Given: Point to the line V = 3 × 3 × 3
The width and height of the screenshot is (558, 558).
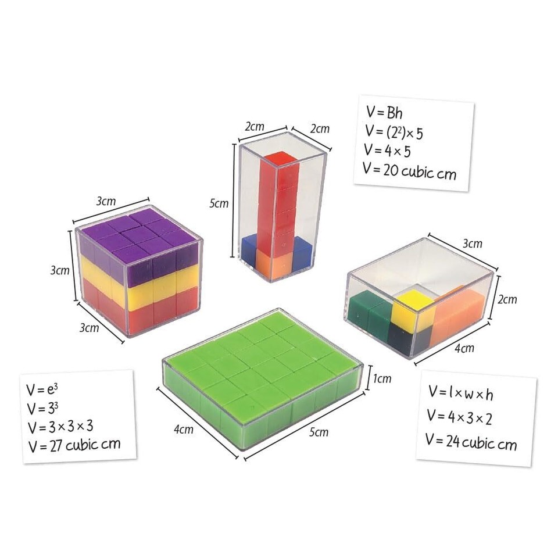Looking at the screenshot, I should tap(60, 427).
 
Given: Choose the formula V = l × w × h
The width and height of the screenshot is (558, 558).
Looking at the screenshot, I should tap(461, 394).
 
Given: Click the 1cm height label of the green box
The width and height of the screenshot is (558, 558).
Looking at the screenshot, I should tap(382, 379).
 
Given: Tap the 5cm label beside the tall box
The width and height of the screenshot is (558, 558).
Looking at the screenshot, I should tap(219, 204).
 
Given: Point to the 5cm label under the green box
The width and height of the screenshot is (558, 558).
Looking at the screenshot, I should tap(318, 432).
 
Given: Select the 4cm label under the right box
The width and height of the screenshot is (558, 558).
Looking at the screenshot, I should tap(464, 349).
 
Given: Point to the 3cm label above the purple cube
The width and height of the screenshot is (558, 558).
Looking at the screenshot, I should tap(106, 201).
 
